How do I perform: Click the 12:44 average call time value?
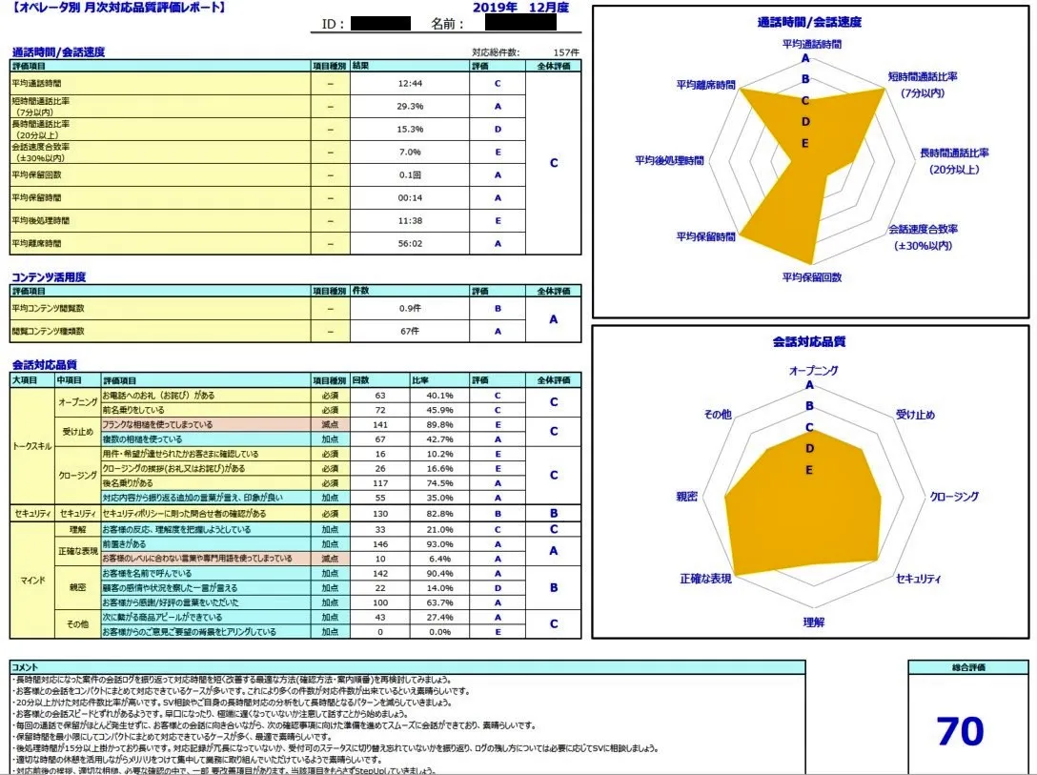[409, 84]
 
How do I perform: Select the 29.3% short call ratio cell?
[409, 106]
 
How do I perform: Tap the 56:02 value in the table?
[409, 244]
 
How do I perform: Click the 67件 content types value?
[409, 332]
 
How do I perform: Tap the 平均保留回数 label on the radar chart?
[811, 277]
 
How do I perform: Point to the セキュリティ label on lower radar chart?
[919, 579]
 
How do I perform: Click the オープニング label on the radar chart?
[813, 370]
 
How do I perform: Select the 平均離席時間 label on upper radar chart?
[705, 85]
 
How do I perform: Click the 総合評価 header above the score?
[967, 667]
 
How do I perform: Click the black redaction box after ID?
[379, 24]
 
